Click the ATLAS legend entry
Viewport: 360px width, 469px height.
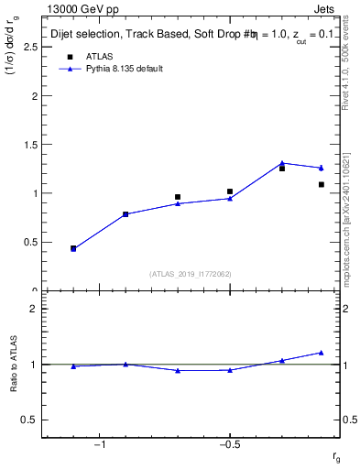tap(99, 56)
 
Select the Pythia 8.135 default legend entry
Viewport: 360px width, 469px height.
tap(125, 69)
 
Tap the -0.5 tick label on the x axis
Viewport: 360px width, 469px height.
tap(228, 445)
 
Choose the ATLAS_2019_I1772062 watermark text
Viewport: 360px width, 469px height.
tap(191, 274)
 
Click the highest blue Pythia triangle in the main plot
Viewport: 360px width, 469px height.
tap(282, 163)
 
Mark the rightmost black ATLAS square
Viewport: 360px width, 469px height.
tap(322, 185)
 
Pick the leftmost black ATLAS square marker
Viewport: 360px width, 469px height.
tap(73, 248)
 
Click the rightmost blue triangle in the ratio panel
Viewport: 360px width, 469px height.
tap(322, 353)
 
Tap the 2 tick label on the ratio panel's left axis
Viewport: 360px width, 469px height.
tap(33, 309)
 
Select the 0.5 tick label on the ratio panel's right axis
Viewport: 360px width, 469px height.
tap(348, 420)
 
